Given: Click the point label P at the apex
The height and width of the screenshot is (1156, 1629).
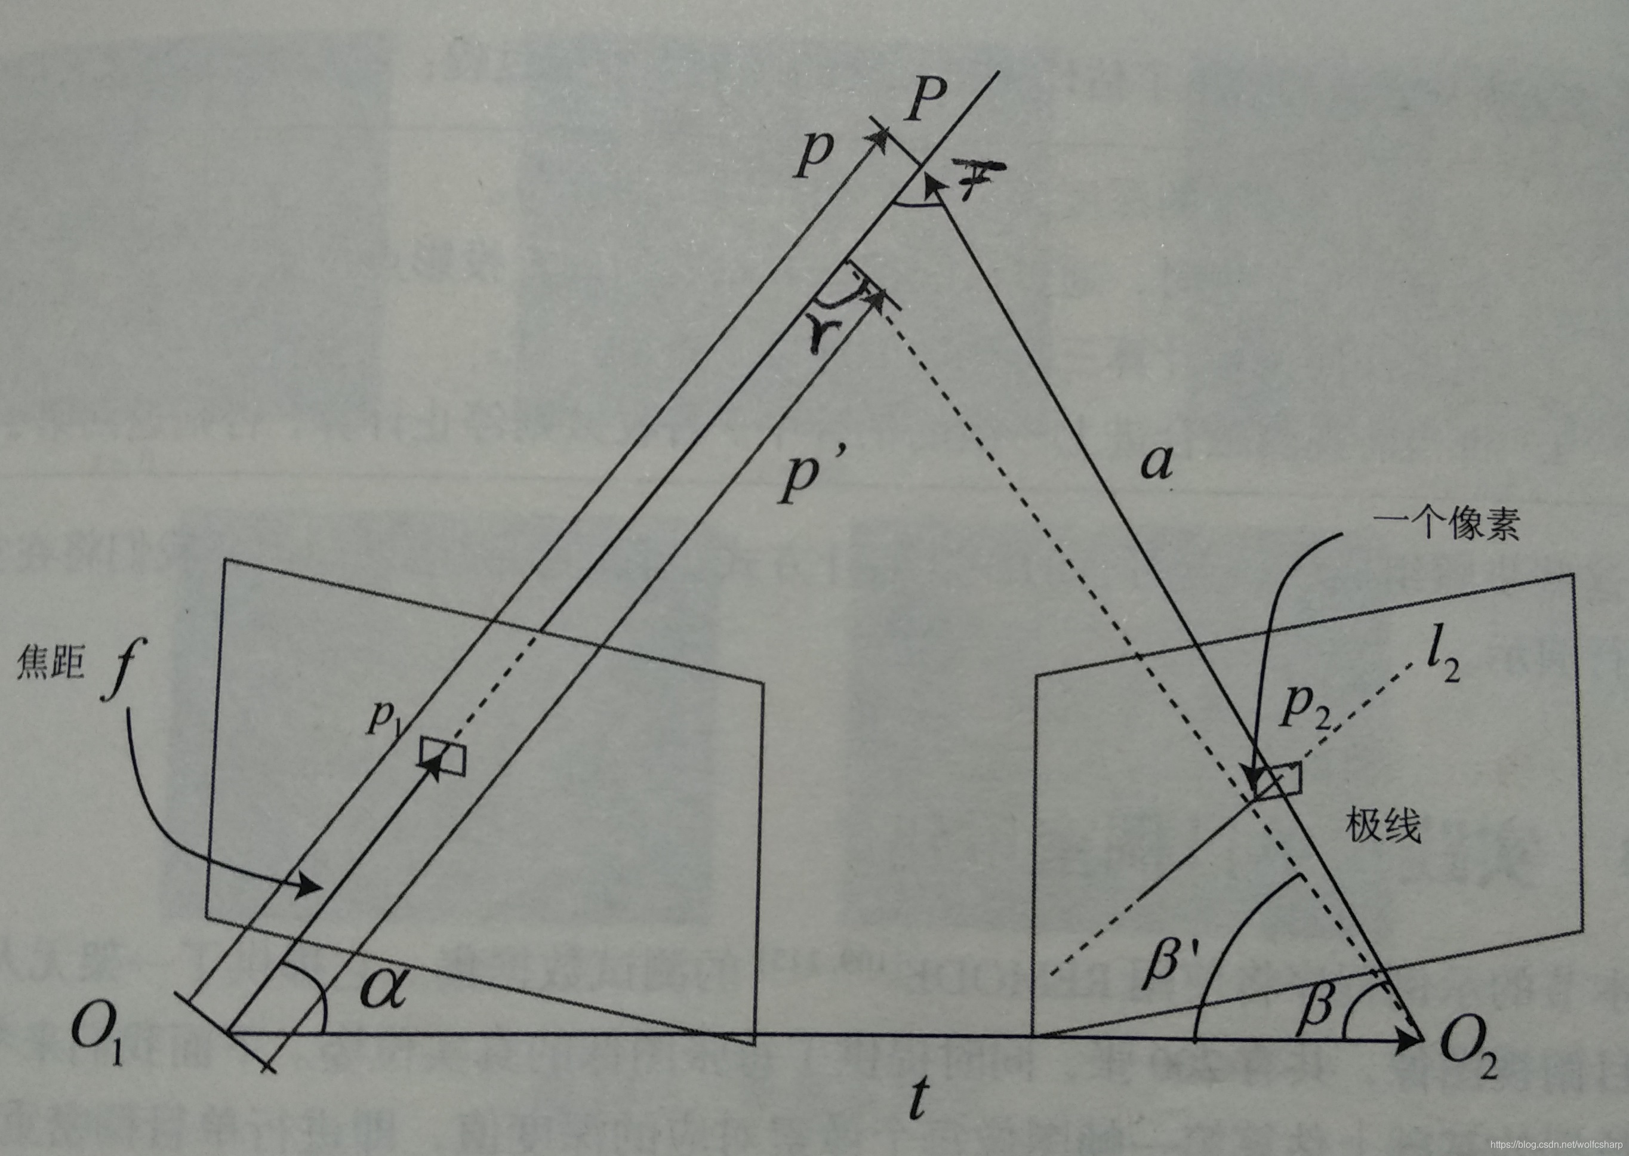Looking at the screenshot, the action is click(926, 100).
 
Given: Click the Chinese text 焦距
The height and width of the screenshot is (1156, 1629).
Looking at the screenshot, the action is click(50, 666).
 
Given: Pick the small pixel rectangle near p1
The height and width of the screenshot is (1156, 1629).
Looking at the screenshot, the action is click(443, 757).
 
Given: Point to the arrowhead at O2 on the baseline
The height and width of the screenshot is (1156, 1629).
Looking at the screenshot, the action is click(1410, 1039).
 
